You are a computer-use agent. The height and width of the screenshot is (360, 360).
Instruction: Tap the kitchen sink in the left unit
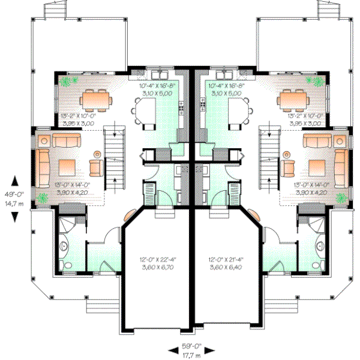[161, 76]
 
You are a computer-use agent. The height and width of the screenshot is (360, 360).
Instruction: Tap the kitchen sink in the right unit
[227, 76]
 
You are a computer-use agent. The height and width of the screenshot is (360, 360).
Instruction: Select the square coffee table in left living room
[66, 166]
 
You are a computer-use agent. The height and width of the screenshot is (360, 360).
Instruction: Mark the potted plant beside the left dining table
[71, 80]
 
